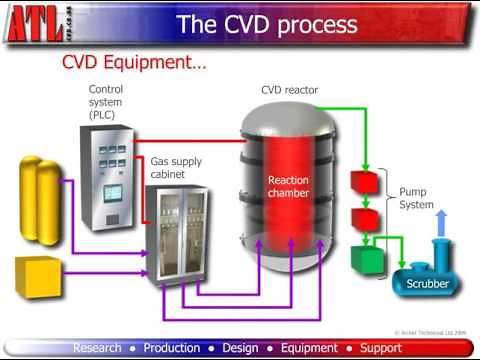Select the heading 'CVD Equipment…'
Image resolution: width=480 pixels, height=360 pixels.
coord(135,64)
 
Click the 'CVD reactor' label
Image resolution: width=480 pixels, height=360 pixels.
coord(290,90)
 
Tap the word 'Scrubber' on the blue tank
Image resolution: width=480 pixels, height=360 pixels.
coord(427,284)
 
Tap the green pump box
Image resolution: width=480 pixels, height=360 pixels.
coord(368,260)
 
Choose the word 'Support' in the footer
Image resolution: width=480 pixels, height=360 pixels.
coord(380,348)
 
